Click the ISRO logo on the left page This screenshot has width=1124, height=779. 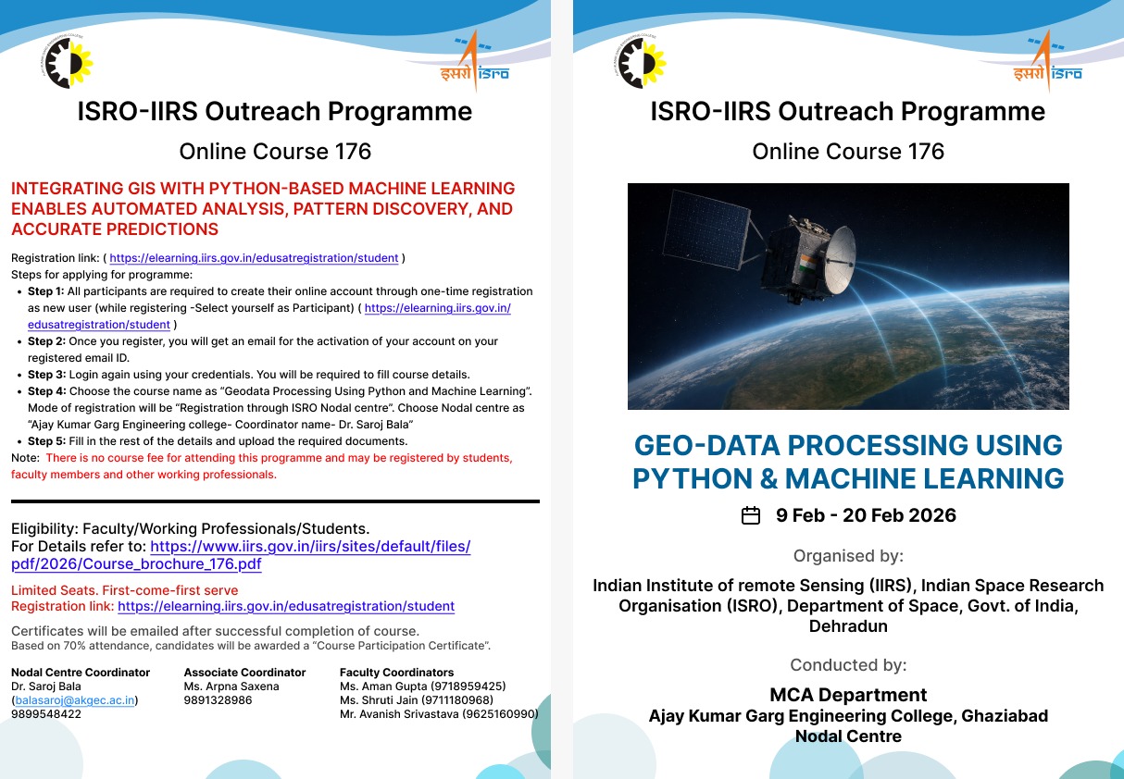[475, 63]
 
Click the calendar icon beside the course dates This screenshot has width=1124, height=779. [751, 515]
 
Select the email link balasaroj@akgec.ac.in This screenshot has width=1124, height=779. [75, 700]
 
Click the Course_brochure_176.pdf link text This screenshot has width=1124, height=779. [136, 564]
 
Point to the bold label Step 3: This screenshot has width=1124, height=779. [46, 375]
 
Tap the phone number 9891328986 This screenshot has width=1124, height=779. [218, 700]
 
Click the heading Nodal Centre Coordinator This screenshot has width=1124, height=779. [81, 673]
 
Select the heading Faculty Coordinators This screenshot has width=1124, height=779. [396, 673]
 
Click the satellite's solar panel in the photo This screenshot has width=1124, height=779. [707, 230]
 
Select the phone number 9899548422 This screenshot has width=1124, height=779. [46, 714]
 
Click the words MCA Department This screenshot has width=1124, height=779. [848, 695]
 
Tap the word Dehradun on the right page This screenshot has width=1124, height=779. [848, 626]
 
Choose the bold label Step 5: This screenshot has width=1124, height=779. [46, 441]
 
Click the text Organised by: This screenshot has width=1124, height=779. [848, 556]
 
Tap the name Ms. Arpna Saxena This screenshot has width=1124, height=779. [231, 686]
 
